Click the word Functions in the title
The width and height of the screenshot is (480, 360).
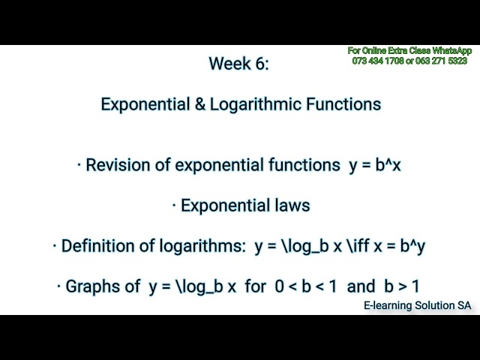click(343, 105)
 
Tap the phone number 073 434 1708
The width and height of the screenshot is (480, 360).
click(377, 60)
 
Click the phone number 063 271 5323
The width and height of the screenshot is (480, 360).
click(442, 60)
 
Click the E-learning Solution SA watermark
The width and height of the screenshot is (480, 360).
click(417, 306)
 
